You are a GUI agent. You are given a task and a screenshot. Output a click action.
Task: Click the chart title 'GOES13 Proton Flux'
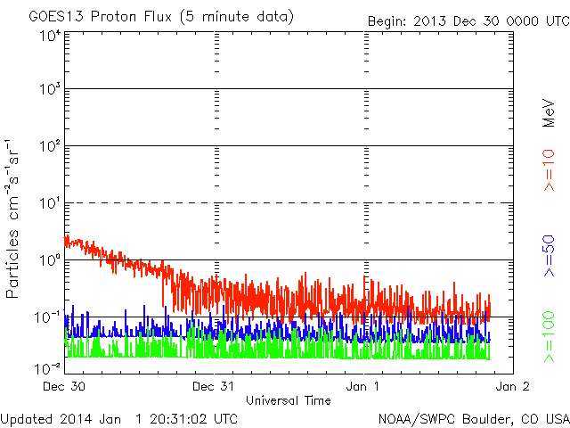point(100,17)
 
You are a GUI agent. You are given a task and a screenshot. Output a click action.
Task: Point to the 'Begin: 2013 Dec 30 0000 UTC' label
point(468,21)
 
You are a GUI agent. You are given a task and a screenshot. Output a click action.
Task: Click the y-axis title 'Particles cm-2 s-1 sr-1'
point(12,218)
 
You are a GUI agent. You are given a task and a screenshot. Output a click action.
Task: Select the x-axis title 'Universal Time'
point(289,400)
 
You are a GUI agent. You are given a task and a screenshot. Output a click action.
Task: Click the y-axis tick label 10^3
point(50,89)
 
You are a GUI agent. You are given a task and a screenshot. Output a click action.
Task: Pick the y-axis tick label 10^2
point(50,146)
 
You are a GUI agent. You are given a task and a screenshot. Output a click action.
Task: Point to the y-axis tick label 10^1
point(50,203)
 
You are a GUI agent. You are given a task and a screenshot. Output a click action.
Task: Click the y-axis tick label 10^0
point(50,259)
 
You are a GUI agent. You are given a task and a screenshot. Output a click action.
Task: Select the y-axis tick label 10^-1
point(47,317)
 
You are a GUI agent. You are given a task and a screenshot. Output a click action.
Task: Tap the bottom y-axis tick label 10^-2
point(47,368)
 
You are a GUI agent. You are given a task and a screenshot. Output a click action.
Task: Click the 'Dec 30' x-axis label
point(64,386)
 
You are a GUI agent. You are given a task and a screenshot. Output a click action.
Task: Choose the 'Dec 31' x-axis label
point(213,386)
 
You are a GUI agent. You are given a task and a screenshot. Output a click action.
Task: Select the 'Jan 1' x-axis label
point(362,386)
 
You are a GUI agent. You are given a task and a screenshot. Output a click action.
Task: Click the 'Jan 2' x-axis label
point(513,386)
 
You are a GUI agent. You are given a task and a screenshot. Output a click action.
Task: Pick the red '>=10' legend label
point(549,170)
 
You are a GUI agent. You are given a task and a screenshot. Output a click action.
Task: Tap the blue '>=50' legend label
point(549,256)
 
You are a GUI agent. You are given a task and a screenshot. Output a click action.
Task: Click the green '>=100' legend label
point(549,337)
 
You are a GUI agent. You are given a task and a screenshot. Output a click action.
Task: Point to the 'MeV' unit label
point(549,113)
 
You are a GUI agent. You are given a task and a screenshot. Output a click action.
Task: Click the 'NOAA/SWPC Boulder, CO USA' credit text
point(474,419)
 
